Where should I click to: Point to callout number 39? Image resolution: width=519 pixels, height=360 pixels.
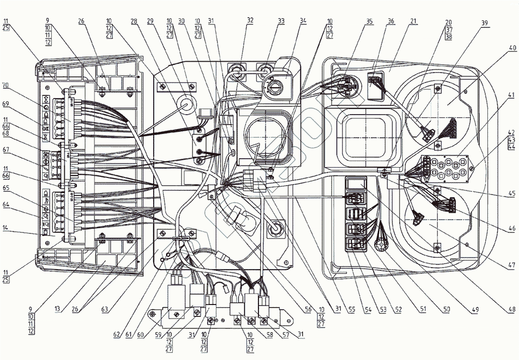coord(484,23)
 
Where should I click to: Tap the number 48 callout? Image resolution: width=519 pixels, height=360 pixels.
coord(513,310)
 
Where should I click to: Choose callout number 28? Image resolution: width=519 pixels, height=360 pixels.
coord(134,21)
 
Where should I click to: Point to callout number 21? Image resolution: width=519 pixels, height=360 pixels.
coord(413,21)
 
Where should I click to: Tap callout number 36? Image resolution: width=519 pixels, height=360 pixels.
coord(390,21)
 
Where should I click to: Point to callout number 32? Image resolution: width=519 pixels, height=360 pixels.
coord(250,21)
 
